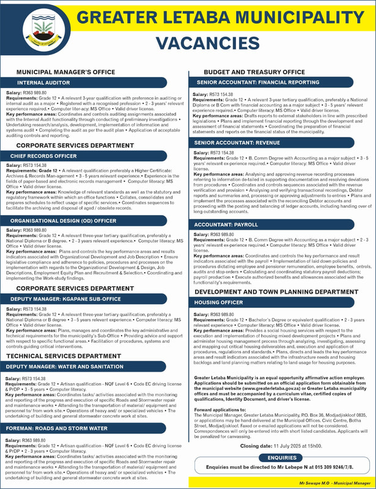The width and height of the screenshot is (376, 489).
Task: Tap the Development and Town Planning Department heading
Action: click(x=272, y=292)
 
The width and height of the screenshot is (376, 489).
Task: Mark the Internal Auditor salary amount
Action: click(x=34, y=92)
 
